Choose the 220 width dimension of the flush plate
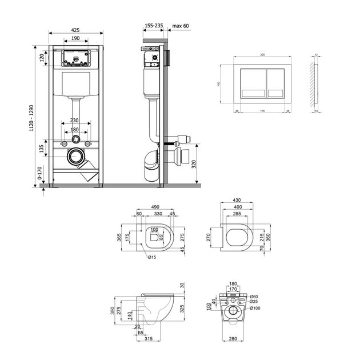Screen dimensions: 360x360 point(262,54)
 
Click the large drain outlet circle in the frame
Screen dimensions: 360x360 point(75,155)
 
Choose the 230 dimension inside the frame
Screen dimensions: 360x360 point(75,121)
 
